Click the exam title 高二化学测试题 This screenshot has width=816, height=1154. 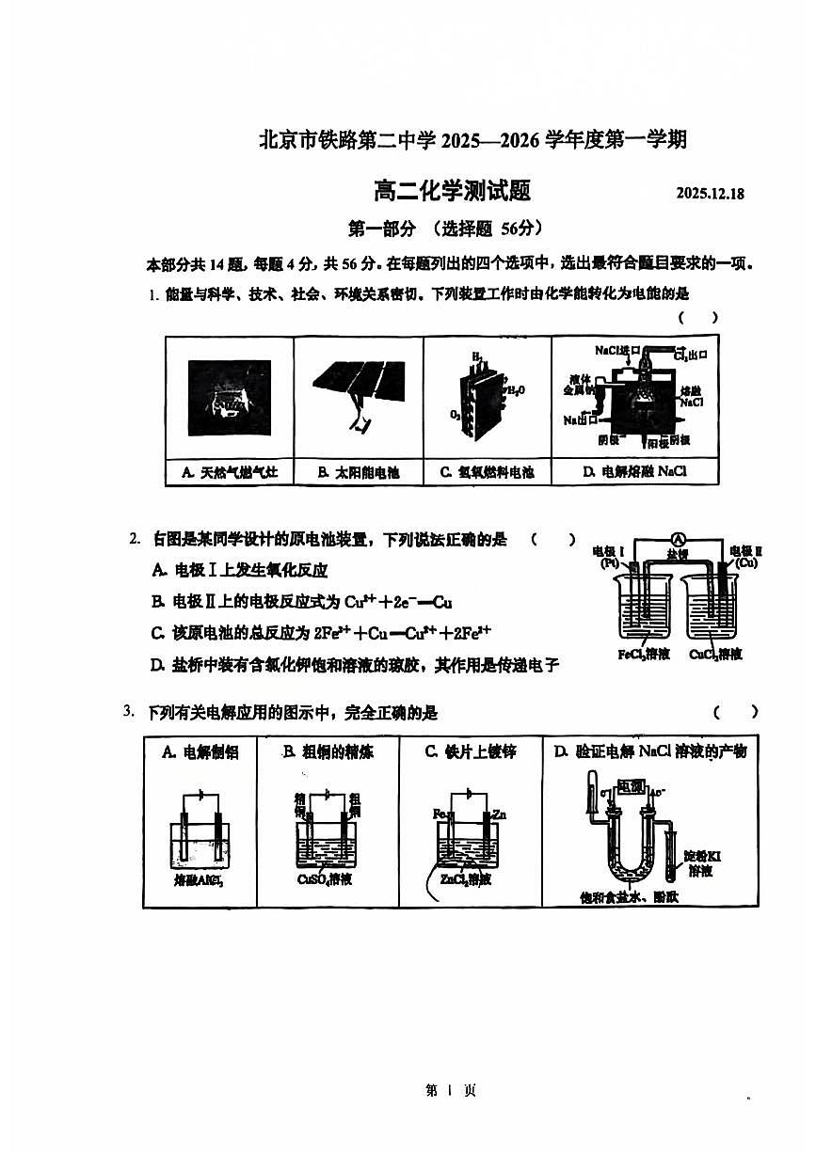tap(452, 191)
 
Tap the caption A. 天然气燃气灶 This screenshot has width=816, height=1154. tap(230, 471)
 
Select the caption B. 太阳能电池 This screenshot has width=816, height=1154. tap(358, 471)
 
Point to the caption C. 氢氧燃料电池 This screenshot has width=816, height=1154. tap(487, 471)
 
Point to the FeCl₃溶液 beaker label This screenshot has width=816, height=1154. tap(644, 654)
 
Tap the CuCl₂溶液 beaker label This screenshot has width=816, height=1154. tap(715, 654)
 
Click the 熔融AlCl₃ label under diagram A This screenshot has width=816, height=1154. tap(200, 880)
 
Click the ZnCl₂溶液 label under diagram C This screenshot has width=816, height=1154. tap(465, 879)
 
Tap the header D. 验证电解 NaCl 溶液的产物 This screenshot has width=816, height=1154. tap(649, 751)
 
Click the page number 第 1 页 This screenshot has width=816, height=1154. tap(451, 1091)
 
